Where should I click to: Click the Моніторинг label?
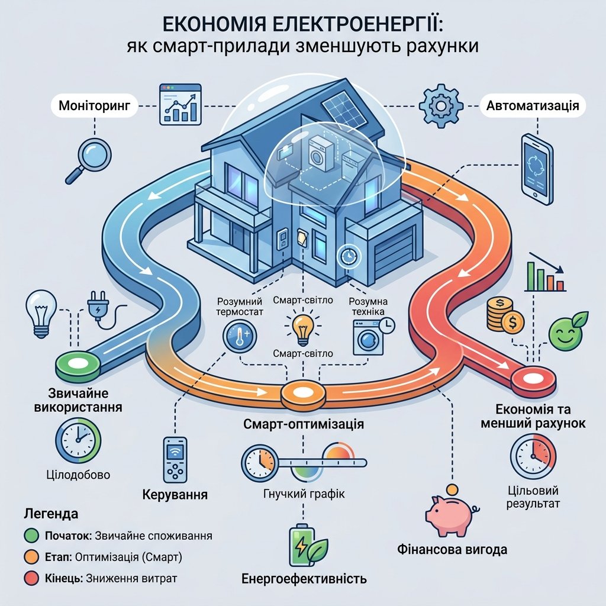coord(94,105)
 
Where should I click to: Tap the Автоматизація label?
coord(533,105)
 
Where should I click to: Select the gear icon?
coord(441,105)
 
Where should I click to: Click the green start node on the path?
coord(79,365)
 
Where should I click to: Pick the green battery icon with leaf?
coord(307,546)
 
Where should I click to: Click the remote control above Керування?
coord(175,459)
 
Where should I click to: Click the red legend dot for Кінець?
coord(31,578)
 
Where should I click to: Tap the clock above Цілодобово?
coord(78,440)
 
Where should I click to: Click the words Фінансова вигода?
coord(452,550)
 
